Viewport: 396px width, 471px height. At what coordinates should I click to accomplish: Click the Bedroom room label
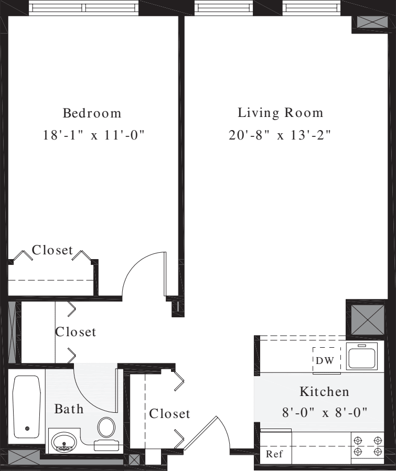tap(92, 113)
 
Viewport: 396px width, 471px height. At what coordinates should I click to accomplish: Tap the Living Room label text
tap(280, 113)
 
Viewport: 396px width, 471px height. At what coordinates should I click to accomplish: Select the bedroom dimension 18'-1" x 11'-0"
tap(93, 135)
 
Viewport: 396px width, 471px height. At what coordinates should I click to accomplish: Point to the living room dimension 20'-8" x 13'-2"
tap(280, 135)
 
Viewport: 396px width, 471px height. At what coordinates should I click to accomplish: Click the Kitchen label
tap(324, 391)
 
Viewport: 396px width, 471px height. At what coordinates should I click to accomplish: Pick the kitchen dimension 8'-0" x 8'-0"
tap(324, 412)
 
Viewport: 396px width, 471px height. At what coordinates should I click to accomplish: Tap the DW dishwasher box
tap(326, 360)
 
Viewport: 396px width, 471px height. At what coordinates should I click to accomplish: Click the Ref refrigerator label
tap(274, 455)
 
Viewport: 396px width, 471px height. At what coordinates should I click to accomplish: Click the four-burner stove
tap(367, 446)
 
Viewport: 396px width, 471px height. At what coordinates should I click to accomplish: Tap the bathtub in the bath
tap(27, 406)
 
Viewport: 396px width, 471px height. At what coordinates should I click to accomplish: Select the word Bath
tap(69, 409)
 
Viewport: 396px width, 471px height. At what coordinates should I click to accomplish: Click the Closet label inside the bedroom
tap(52, 250)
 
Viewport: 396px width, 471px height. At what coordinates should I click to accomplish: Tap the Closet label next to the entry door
tap(169, 414)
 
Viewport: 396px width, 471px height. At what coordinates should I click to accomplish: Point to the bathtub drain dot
tap(27, 429)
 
